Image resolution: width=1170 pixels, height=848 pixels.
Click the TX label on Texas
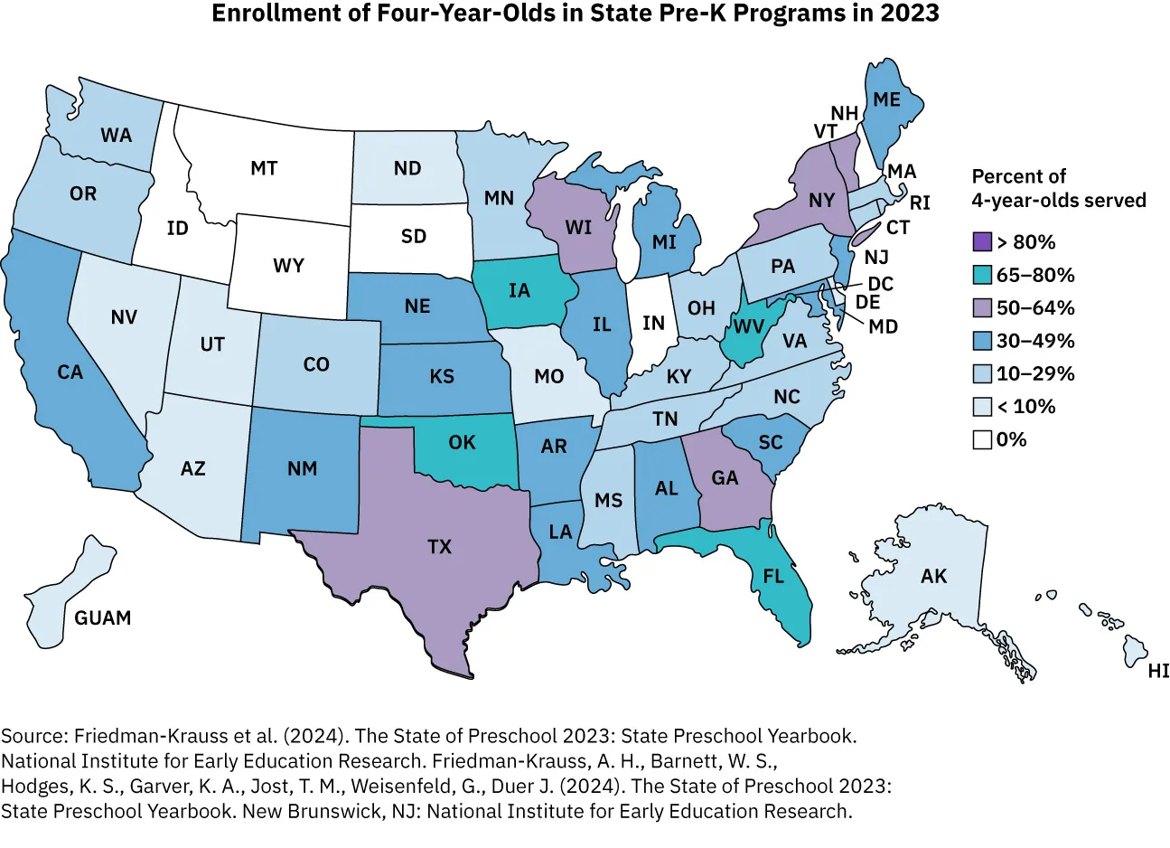(x=439, y=547)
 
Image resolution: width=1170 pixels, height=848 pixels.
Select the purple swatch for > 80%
(x=982, y=242)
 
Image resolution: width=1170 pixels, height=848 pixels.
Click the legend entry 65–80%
(x=1035, y=275)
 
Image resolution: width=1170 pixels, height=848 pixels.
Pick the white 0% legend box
(x=982, y=440)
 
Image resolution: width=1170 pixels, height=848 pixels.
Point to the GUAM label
(x=103, y=618)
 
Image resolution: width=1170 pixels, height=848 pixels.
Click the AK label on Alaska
(x=934, y=576)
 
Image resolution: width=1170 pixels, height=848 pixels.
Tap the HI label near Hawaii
(x=1157, y=671)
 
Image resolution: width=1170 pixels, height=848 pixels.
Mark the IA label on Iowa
(x=519, y=290)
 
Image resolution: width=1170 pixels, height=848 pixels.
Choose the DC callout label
(x=880, y=284)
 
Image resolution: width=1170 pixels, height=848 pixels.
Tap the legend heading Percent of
(x=1018, y=176)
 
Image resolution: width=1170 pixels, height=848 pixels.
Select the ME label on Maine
(x=886, y=99)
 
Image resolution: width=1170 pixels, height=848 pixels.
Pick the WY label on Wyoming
(x=288, y=266)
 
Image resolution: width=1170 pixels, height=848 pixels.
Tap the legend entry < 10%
(x=1025, y=407)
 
